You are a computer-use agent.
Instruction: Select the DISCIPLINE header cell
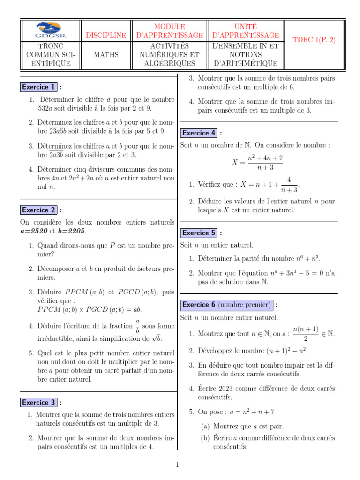105,35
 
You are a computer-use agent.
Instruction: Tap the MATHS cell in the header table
105,55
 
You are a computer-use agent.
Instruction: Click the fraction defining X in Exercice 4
262,163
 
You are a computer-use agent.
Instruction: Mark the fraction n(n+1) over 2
305,334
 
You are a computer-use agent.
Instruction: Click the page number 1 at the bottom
178,465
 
